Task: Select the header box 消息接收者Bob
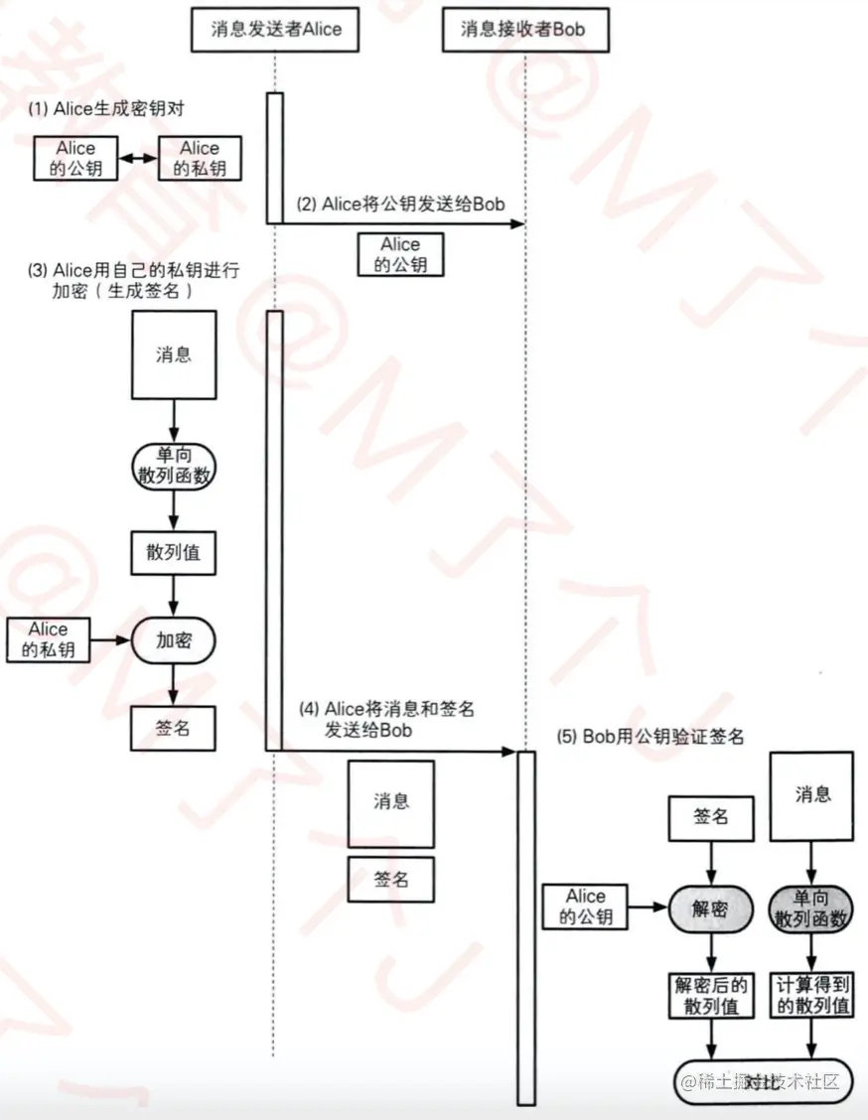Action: [522, 29]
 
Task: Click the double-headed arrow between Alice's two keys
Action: [136, 159]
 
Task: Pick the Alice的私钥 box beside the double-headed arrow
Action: [200, 158]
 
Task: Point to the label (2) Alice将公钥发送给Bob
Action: [399, 205]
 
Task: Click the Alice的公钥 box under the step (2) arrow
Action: [400, 254]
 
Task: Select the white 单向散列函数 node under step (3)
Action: [174, 465]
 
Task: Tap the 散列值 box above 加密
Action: [174, 553]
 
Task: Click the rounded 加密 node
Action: [174, 640]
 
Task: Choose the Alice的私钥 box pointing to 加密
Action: [48, 640]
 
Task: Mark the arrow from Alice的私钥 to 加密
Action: [110, 640]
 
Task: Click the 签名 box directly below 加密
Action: [174, 728]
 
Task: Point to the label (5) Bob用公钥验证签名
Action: [651, 738]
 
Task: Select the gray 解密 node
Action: [710, 909]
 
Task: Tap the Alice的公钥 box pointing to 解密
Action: [585, 908]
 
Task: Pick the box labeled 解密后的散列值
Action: [710, 995]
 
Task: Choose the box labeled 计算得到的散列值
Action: [812, 995]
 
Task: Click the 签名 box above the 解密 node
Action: [710, 816]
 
